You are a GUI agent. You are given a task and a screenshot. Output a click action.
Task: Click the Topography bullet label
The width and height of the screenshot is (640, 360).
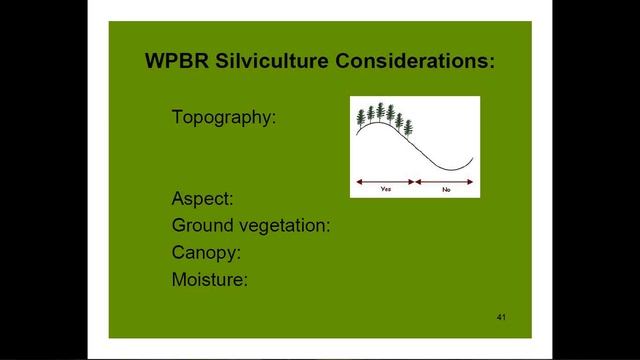tap(223, 117)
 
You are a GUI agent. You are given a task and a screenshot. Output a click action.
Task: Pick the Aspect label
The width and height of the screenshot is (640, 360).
tap(202, 198)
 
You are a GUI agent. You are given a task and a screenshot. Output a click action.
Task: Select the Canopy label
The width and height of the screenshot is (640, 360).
tap(206, 252)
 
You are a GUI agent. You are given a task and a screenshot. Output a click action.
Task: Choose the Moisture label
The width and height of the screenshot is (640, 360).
tap(209, 279)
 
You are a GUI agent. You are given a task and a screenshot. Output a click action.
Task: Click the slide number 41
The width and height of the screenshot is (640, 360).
tap(501, 317)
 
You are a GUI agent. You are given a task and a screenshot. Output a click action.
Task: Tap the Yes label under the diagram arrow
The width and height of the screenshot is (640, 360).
tap(386, 188)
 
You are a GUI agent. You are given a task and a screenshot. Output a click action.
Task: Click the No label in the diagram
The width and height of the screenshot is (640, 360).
tap(445, 188)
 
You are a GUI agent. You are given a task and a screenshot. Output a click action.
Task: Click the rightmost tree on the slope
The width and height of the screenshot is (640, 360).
tap(408, 127)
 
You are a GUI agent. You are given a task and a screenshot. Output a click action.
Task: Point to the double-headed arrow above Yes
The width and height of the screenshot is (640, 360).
tap(386, 181)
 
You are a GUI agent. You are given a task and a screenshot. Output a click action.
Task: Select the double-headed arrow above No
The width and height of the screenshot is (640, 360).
tap(445, 181)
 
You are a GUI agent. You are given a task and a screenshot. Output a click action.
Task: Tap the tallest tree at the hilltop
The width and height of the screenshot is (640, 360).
tap(380, 110)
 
